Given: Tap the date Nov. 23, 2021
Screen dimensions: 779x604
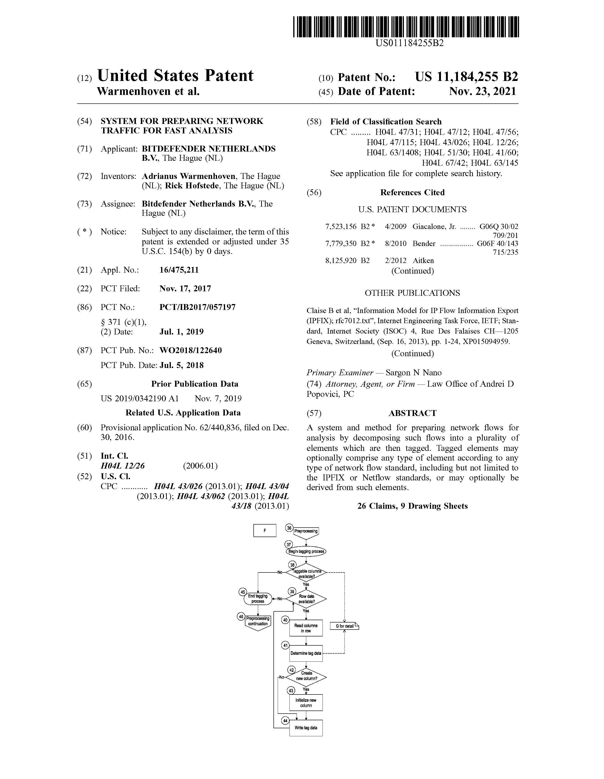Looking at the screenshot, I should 482,92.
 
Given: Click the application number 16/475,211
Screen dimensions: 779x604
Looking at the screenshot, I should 179,270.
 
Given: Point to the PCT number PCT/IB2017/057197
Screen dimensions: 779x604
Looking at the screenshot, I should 197,307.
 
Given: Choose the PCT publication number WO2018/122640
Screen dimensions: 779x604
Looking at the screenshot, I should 190,350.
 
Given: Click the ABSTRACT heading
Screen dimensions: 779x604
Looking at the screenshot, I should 412,413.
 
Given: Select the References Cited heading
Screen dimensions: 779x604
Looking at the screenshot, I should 412,193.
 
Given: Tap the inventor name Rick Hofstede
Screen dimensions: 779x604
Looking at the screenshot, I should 192,186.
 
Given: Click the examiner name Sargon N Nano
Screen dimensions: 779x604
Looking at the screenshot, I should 414,373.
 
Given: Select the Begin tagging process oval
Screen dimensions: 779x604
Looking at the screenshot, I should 306,551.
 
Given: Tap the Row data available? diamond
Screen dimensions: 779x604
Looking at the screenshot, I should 306,599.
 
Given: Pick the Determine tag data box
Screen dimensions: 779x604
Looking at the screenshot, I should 306,653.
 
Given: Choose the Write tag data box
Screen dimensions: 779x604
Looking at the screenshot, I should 306,728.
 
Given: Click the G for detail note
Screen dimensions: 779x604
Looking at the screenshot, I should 344,626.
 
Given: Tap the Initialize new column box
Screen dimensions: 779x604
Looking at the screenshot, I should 306,703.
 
